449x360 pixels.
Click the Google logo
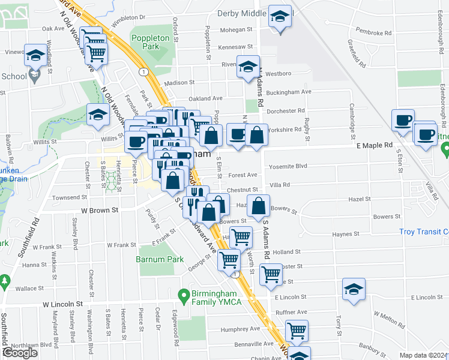tap(20, 353)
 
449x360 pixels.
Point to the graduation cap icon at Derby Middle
tap(280, 17)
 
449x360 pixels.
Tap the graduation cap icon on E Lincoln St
tap(354, 289)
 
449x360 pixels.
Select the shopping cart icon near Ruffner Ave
tap(297, 330)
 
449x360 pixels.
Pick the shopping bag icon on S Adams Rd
tap(258, 206)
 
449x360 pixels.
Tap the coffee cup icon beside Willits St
tap(136, 142)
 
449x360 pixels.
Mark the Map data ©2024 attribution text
tap(423, 355)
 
